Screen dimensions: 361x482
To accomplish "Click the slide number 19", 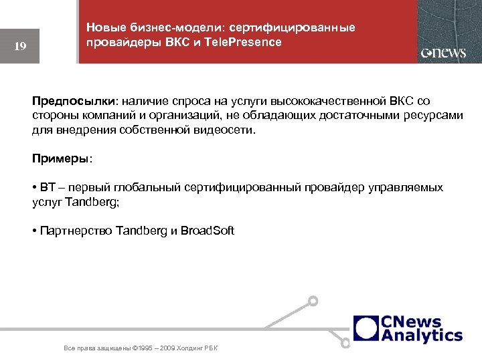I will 20,46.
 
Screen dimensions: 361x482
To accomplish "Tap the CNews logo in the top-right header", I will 443,53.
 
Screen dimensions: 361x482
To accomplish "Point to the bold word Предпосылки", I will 74,101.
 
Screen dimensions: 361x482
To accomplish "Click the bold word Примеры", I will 60,158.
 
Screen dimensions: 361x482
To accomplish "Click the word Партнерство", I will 76,231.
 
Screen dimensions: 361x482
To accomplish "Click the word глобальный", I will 147,188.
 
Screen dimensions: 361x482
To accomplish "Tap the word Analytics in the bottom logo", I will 422,335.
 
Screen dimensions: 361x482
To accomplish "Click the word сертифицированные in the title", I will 292,27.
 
